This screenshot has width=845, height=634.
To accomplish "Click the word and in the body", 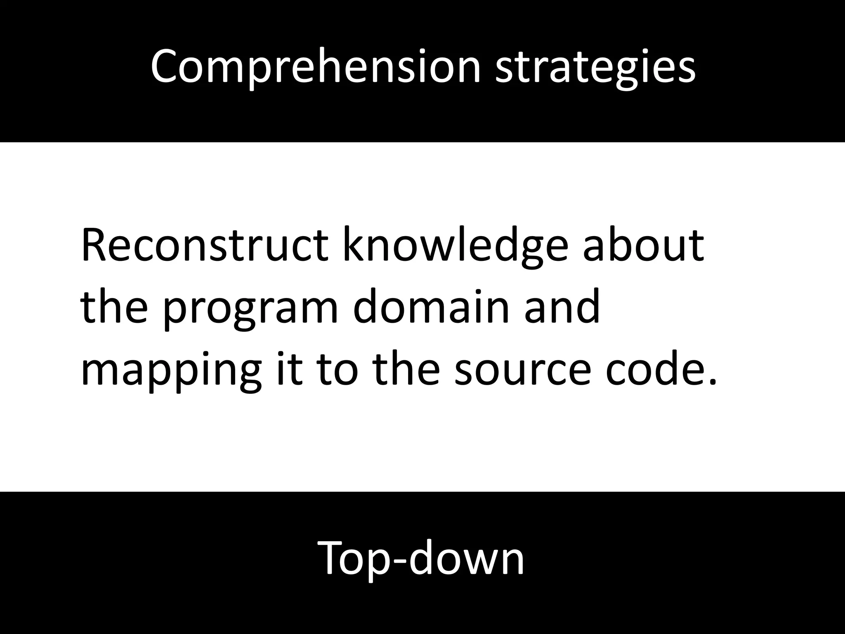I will point(562,308).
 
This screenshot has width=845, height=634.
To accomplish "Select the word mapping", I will point(171,369).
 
